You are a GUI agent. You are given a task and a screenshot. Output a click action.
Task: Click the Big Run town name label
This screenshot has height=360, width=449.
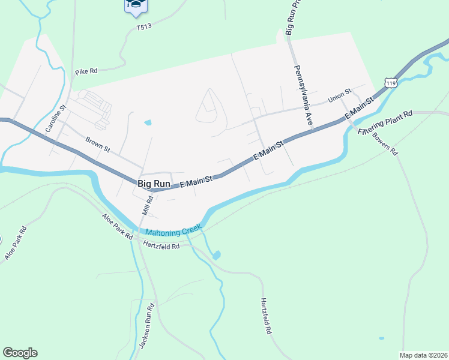154,183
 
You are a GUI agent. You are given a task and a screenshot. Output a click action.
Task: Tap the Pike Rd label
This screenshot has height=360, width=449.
86,71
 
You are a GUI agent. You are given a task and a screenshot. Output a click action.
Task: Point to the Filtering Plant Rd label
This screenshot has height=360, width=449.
385,122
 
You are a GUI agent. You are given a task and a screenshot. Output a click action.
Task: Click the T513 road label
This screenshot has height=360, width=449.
144,27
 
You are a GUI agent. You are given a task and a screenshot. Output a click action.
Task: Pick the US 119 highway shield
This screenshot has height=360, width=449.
391,82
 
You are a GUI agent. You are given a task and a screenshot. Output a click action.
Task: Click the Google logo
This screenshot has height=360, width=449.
20,353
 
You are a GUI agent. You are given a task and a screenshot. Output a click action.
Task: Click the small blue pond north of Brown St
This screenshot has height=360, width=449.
148,123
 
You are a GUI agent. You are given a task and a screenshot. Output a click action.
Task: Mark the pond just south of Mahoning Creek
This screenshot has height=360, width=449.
216,254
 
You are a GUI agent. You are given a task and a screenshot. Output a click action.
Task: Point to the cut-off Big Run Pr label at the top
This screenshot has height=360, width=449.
289,18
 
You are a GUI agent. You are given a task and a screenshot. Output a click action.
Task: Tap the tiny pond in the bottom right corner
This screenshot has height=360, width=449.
381,338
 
